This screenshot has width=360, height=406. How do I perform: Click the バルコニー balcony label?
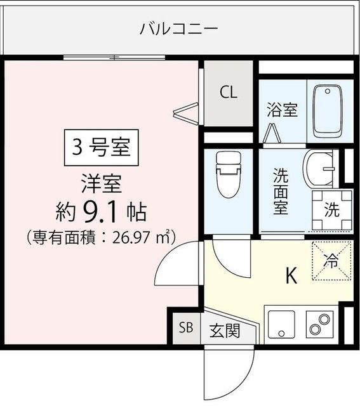(178, 29)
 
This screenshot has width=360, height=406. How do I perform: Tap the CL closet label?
(229, 92)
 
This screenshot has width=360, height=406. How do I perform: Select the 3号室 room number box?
(102, 148)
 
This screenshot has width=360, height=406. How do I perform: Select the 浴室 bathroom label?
(283, 110)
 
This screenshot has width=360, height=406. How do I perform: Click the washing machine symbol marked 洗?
(332, 210)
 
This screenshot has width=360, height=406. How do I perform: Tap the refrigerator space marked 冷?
(332, 261)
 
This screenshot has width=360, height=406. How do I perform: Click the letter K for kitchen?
(291, 276)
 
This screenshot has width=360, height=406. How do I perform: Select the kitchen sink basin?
(281, 324)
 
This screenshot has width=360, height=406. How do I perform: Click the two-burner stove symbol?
(320, 324)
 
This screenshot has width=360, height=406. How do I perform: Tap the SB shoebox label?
(187, 327)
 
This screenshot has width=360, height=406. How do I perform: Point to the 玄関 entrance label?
(225, 331)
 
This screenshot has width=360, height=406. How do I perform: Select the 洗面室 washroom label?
(281, 191)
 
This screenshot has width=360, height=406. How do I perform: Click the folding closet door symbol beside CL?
(186, 113)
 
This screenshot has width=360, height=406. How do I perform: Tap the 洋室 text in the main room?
(102, 184)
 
